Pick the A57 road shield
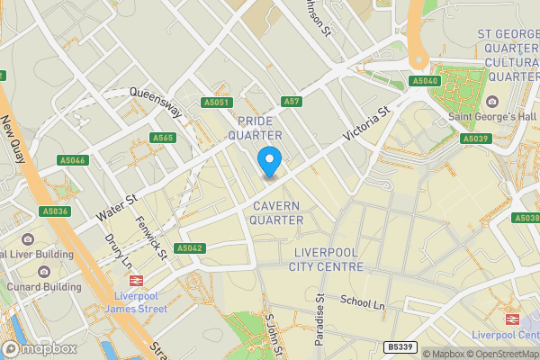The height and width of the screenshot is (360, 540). point(290,102)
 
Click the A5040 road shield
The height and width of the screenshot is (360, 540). point(425,81)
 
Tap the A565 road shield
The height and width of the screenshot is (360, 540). point(162,138)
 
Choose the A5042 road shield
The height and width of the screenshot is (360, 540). point(191,247)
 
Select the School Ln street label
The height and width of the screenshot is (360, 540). point(363,303)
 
